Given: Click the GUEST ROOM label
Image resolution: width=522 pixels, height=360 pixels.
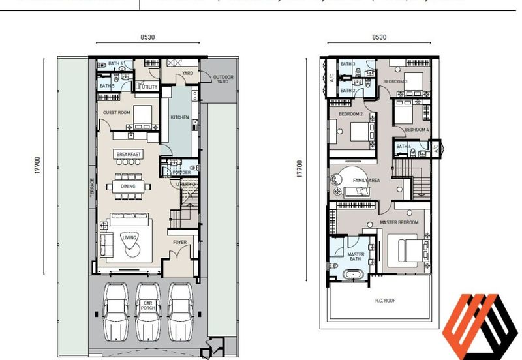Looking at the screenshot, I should tap(116, 113).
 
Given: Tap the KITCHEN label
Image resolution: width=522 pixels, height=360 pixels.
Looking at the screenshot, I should tap(179, 117).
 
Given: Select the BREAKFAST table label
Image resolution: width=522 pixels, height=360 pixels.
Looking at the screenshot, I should tap(129, 154).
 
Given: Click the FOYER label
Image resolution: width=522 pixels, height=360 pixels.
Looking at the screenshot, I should tap(179, 243).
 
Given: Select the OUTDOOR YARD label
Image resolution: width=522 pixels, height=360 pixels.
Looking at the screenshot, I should tap(223, 80).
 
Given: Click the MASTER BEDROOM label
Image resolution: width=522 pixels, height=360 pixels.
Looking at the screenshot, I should tap(399, 223).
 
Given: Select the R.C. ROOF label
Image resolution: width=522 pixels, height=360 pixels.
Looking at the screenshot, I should tap(385, 301).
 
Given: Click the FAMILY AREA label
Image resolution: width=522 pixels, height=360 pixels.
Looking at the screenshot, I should tap(367, 180).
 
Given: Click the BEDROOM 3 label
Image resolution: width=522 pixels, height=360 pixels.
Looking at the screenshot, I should tap(395, 82).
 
